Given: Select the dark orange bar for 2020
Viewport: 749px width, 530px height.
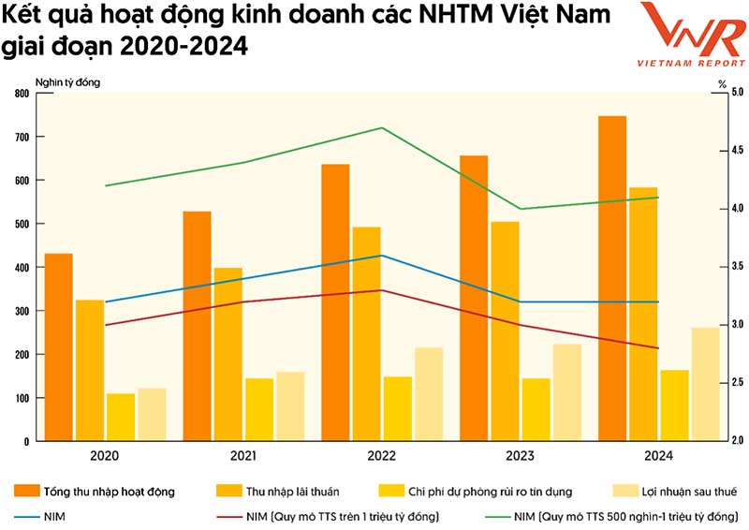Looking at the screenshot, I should pos(58,346).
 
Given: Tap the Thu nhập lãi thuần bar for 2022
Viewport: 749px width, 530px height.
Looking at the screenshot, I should pos(366,333).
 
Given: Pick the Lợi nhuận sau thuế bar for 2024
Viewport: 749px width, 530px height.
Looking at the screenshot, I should pos(706,384).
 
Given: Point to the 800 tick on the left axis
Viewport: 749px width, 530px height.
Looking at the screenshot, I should pos(21,94).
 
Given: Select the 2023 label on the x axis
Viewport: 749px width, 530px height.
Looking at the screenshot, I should pos(520,456).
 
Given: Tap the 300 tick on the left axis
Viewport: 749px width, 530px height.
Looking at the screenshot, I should pos(21,311).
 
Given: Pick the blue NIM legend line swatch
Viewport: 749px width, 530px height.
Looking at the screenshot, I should pos(27,516).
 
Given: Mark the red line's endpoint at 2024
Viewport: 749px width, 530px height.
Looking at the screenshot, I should pos(658,348).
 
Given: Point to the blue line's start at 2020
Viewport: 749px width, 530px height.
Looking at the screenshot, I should pos(106,302).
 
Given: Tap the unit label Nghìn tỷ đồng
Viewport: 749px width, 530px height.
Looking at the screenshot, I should pos(66,81).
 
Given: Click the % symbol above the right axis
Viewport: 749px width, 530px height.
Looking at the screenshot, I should pos(722,82).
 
